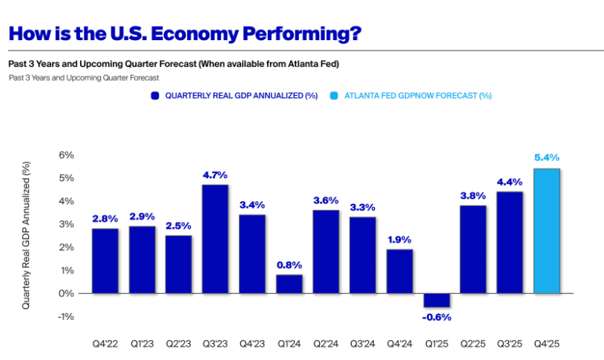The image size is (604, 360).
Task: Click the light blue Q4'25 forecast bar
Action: coord(547,230)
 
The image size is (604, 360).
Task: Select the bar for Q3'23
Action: coord(215,238)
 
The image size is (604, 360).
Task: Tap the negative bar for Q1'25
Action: coord(436,300)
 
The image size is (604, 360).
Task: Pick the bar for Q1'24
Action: coord(289,284)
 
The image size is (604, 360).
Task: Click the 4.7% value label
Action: coord(215,175)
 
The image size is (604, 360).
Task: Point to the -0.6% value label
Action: coord(436,317)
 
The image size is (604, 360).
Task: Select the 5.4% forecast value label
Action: coord(547,157)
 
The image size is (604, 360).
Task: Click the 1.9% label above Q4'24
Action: coord(399,239)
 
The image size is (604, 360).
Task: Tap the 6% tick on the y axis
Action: coord(67,155)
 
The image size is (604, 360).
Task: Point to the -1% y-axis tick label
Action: coord(65,316)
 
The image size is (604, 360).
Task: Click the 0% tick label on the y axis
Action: coord(67,293)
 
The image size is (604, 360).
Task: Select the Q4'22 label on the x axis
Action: coord(105,344)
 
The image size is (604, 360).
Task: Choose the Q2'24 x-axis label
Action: coord(326,344)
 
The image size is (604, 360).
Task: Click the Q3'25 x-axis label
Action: coord(510,344)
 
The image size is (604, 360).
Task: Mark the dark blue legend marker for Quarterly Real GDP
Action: coord(154,96)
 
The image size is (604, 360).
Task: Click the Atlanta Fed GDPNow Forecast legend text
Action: coord(418,96)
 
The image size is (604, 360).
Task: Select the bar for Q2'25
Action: coord(473,249)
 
